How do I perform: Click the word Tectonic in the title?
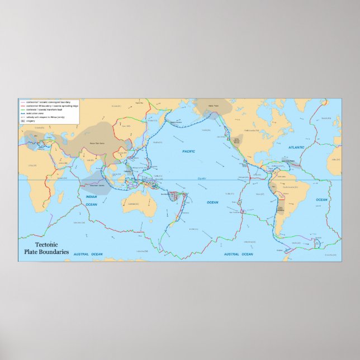[46, 245]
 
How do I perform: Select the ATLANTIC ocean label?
[297, 147]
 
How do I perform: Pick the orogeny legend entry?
[31, 120]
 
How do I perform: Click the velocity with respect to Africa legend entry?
[45, 117]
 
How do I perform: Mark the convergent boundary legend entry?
[42, 102]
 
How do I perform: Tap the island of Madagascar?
[57, 198]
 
